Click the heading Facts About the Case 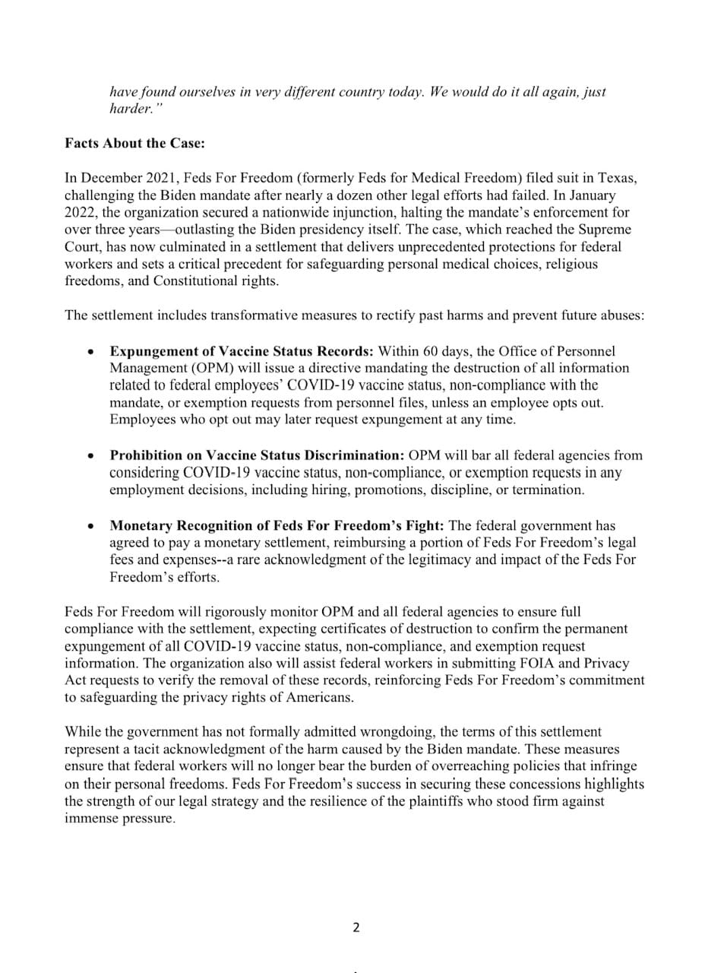[x=134, y=143]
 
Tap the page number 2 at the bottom [x=356, y=927]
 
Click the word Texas [x=617, y=178]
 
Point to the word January [x=592, y=195]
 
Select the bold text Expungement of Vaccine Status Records [x=242, y=351]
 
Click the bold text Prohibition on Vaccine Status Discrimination [x=257, y=455]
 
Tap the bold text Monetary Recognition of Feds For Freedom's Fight [x=277, y=525]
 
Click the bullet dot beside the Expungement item [x=91, y=352]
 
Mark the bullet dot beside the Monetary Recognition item [x=91, y=526]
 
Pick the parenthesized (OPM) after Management [x=199, y=369]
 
